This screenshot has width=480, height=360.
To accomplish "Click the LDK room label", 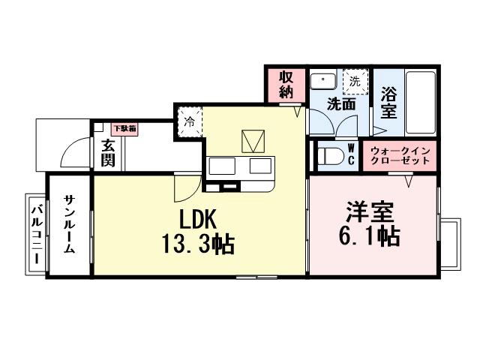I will click(197, 218).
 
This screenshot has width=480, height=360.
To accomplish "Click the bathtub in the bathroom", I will click(420, 102).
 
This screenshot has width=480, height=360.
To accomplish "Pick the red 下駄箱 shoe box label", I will click(124, 129).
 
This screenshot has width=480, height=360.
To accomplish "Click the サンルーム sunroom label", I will click(68, 226).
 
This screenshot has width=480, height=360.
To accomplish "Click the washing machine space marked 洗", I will click(355, 80).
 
